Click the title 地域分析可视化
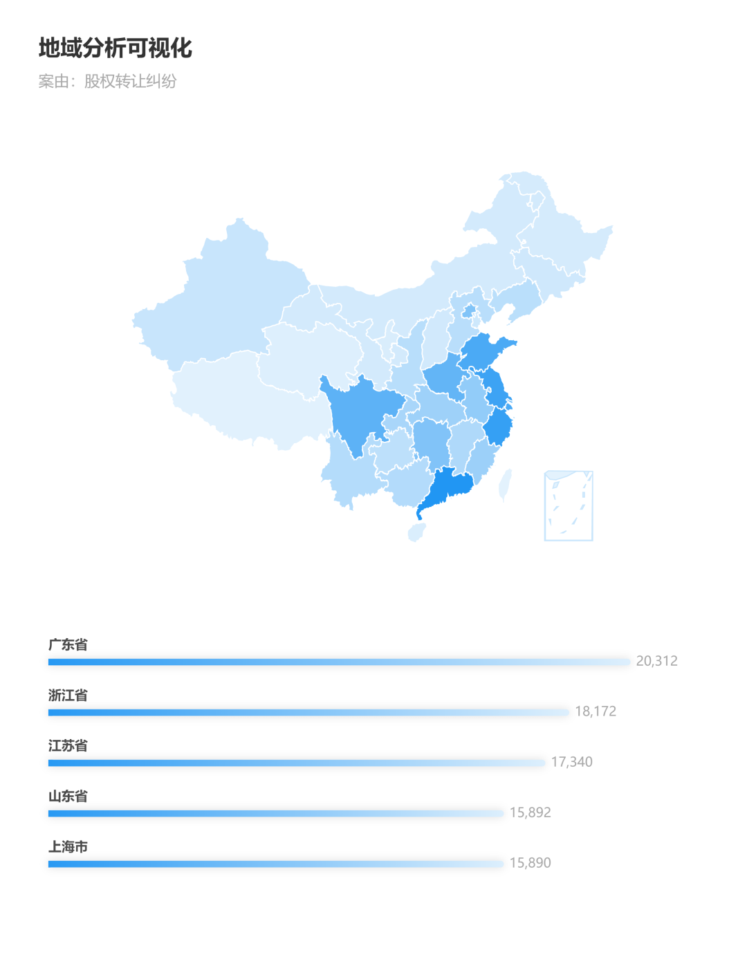[x=115, y=48]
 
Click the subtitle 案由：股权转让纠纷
[x=107, y=82]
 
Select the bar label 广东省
[x=68, y=645]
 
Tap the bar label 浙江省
[x=68, y=696]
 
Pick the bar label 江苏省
[x=68, y=746]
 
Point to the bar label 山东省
[x=68, y=797]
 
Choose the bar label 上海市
[x=68, y=847]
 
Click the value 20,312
[x=656, y=662]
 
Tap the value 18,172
[x=596, y=712]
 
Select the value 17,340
[x=571, y=763]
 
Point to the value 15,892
[x=530, y=813]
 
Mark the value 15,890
[x=530, y=864]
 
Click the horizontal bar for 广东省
[x=339, y=662]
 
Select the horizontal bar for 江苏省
[x=297, y=763]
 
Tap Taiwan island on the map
[x=506, y=484]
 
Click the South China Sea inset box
[x=569, y=505]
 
